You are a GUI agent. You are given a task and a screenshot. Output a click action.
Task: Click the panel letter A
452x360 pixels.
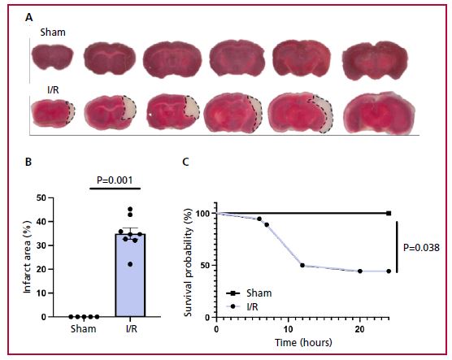click(x=28, y=18)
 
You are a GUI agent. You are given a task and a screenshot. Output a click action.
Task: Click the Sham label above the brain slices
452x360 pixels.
click(x=53, y=32)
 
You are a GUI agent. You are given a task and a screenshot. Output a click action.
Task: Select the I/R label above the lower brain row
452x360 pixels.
click(x=53, y=90)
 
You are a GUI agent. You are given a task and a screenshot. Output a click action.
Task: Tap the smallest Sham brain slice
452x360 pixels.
click(x=53, y=58)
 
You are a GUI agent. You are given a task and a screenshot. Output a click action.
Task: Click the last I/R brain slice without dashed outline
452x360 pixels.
click(x=380, y=113)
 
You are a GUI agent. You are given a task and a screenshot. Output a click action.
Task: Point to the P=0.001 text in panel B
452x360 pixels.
click(x=115, y=180)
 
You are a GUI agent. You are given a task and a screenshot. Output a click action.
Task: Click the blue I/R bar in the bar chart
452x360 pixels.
click(x=130, y=275)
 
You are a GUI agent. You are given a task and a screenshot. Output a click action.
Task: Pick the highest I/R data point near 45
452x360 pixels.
click(x=130, y=209)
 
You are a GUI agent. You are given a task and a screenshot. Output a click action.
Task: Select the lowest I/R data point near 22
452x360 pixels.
click(x=130, y=264)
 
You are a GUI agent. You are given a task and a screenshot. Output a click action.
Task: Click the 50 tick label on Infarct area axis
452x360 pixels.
click(x=41, y=198)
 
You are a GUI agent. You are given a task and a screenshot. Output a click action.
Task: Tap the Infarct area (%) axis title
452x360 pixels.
click(x=27, y=257)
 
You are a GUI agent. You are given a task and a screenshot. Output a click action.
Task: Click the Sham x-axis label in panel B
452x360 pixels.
click(x=84, y=328)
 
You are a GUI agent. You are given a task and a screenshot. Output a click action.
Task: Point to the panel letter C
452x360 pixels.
click(x=186, y=162)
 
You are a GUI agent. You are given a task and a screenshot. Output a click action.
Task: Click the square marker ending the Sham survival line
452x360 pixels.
click(x=389, y=213)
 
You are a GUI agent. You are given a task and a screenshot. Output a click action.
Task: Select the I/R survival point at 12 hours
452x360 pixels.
click(x=302, y=265)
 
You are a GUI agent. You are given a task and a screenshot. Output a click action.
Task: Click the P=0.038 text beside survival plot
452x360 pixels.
click(x=421, y=248)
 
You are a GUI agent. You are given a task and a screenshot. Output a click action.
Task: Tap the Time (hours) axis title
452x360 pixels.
click(x=303, y=342)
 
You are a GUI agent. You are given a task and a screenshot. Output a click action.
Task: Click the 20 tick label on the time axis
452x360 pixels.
click(x=360, y=329)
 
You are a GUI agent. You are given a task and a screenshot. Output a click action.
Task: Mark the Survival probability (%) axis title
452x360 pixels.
click(x=188, y=262)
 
